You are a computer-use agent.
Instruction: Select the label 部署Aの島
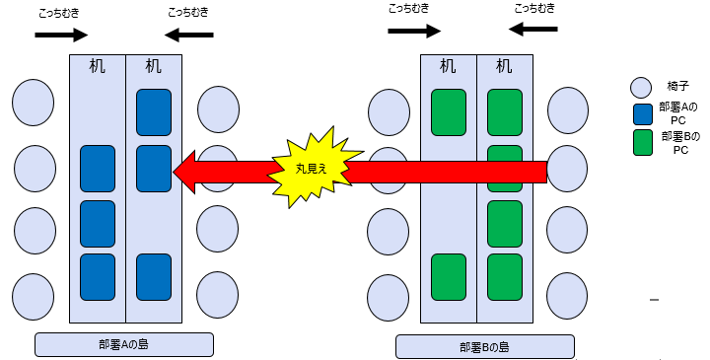click(x=124, y=344)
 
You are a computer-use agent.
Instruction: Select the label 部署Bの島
click(x=484, y=346)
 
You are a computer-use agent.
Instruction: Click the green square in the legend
click(x=642, y=142)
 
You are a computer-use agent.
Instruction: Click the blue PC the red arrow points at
click(x=154, y=168)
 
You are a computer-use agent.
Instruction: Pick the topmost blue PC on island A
click(x=154, y=112)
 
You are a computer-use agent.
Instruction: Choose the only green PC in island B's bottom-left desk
click(x=449, y=276)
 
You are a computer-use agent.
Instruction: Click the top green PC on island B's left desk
click(x=449, y=111)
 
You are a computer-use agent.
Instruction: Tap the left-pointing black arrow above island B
click(x=532, y=30)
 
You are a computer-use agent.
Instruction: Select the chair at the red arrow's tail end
click(x=568, y=169)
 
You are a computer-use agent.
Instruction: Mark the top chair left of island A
click(x=34, y=100)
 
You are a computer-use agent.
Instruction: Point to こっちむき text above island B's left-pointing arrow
click(x=533, y=8)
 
